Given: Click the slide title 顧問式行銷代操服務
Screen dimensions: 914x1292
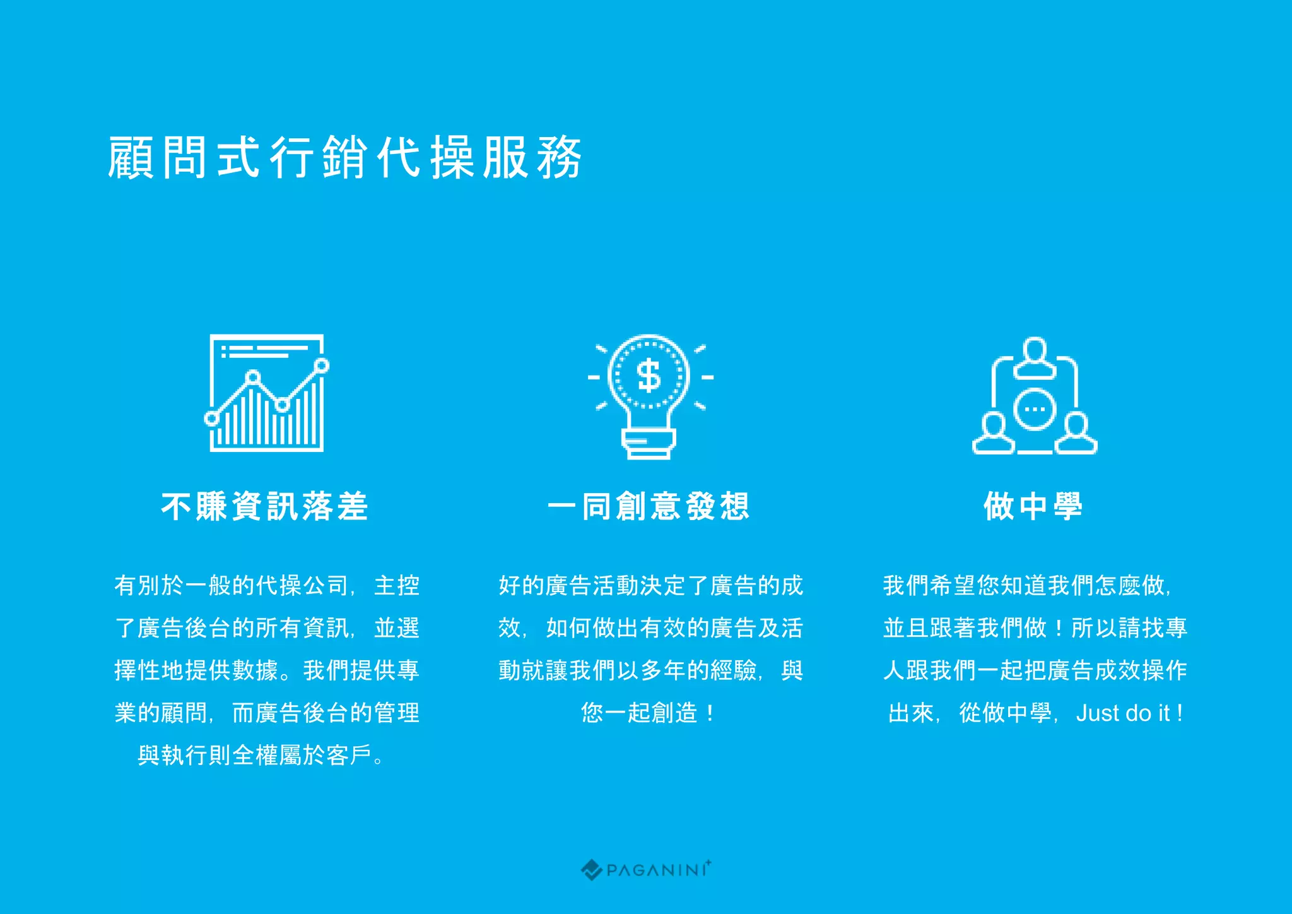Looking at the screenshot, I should click(x=344, y=157).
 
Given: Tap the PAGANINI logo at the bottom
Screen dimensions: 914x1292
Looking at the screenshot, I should click(x=646, y=870).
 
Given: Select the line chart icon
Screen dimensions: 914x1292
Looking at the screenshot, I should click(x=267, y=393).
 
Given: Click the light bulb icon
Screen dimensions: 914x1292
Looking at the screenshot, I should click(x=649, y=395).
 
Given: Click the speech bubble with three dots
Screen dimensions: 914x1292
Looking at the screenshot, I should click(x=1035, y=409).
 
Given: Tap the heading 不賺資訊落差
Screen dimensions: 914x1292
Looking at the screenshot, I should click(x=265, y=506).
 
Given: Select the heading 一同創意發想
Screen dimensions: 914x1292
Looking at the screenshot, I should click(x=649, y=506).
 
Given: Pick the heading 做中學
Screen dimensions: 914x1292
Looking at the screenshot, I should click(x=1033, y=506).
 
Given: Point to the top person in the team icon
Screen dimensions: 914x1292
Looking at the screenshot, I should click(x=1035, y=357).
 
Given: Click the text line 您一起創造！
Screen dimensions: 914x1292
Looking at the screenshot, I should click(x=649, y=713).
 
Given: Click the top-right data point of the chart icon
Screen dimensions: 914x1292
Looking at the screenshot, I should click(x=322, y=365).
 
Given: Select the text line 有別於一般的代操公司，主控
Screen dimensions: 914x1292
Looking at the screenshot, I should click(x=267, y=586).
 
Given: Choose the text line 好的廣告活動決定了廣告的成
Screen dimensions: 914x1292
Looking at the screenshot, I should click(x=650, y=586).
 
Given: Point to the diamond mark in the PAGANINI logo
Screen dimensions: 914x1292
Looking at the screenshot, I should click(x=591, y=870).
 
